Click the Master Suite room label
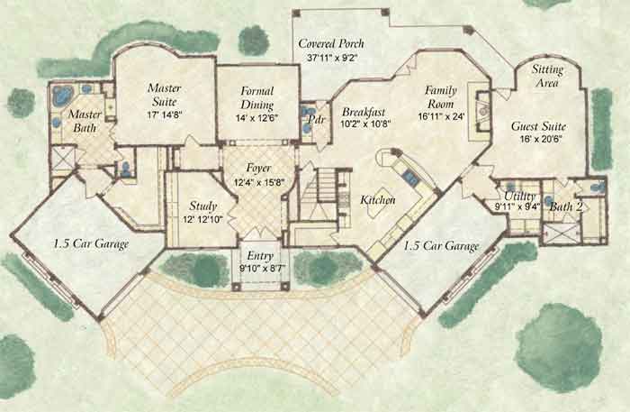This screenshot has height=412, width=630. (165, 95)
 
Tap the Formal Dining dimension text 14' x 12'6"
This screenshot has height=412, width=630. (257, 118)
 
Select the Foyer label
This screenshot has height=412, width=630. (259, 168)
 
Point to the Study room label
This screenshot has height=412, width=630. (203, 206)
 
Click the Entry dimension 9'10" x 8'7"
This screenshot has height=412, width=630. (260, 269)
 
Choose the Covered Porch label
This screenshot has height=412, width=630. (331, 43)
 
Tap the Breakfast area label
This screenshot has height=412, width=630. (364, 112)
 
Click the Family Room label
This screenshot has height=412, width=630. (441, 97)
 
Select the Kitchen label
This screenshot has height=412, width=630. (378, 199)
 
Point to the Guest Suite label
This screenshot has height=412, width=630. (538, 126)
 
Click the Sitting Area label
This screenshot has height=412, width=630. (547, 76)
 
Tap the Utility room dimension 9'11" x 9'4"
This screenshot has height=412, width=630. (517, 206)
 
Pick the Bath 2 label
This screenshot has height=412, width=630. (566, 206)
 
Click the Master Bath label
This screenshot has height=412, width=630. (85, 121)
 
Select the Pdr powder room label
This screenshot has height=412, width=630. (317, 119)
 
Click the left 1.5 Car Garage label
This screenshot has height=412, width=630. (91, 243)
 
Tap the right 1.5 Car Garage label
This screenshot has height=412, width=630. (441, 246)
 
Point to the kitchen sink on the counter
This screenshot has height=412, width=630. (410, 176)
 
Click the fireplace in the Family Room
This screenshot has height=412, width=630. (482, 111)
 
